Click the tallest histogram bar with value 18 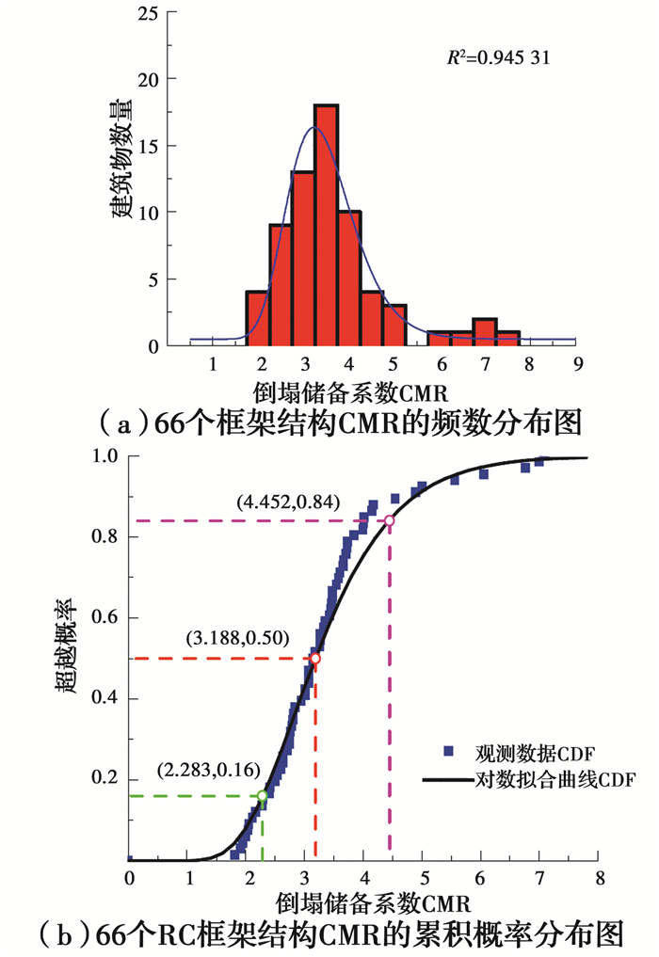[326, 226]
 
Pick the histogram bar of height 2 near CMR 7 [485, 332]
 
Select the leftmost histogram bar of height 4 [257, 318]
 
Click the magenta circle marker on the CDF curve [389, 520]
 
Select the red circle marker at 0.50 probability [315, 659]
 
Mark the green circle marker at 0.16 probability [262, 795]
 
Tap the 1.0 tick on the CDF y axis [104, 456]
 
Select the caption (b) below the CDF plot [329, 934]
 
